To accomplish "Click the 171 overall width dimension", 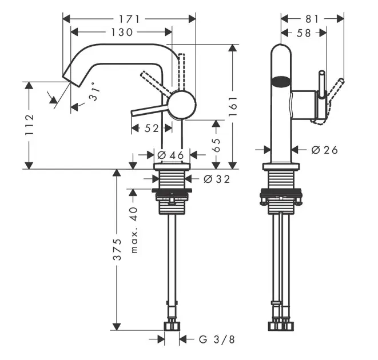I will (128, 19).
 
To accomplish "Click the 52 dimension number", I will (151, 129).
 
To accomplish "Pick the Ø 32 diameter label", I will (216, 179).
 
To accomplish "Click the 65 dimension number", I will (217, 144).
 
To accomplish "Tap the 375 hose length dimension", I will (117, 250).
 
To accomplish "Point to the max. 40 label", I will (134, 230).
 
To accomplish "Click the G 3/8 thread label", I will (217, 339).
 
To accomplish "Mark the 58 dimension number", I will (304, 33).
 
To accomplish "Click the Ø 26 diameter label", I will (324, 150).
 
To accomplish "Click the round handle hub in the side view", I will (182, 105).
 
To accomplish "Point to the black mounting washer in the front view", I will (280, 194).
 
